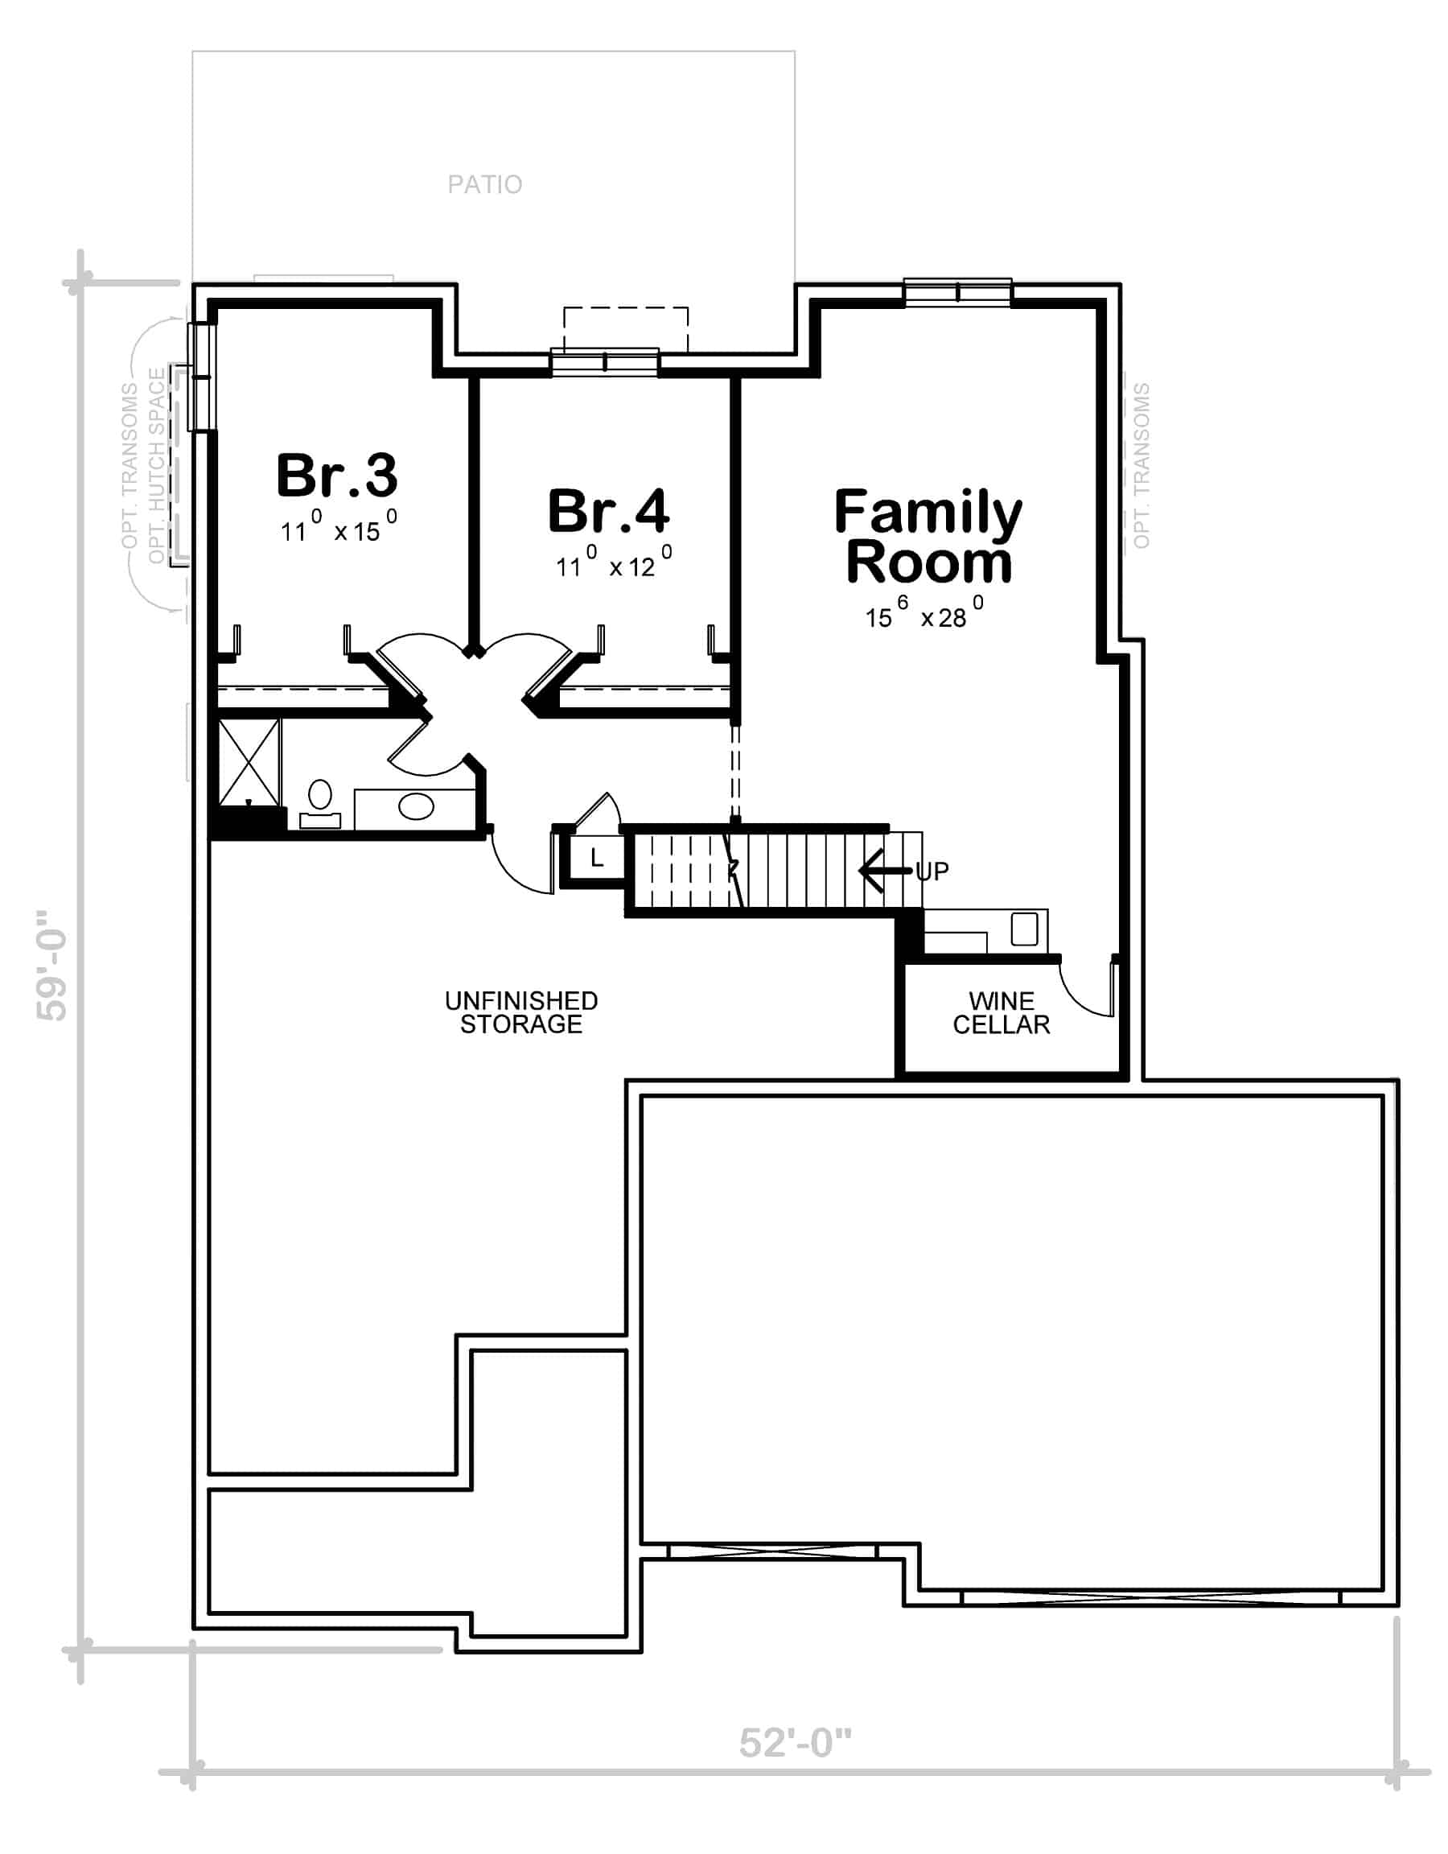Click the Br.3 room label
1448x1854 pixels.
(x=337, y=476)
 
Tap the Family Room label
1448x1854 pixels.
(x=928, y=537)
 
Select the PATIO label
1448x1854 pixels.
(x=484, y=184)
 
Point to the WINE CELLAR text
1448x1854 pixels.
(x=1002, y=1013)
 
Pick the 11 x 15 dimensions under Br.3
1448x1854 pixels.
(x=339, y=526)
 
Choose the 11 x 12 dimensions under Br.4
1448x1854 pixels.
(x=614, y=562)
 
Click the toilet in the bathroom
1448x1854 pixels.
(x=320, y=803)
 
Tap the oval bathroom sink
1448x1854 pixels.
(x=416, y=805)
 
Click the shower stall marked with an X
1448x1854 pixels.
(x=249, y=761)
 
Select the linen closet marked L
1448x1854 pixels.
(x=597, y=859)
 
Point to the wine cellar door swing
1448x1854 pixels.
(x=1088, y=989)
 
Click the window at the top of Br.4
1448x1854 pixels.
(x=604, y=362)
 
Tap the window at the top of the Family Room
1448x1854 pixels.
(x=957, y=293)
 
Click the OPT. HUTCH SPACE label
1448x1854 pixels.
(x=157, y=465)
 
